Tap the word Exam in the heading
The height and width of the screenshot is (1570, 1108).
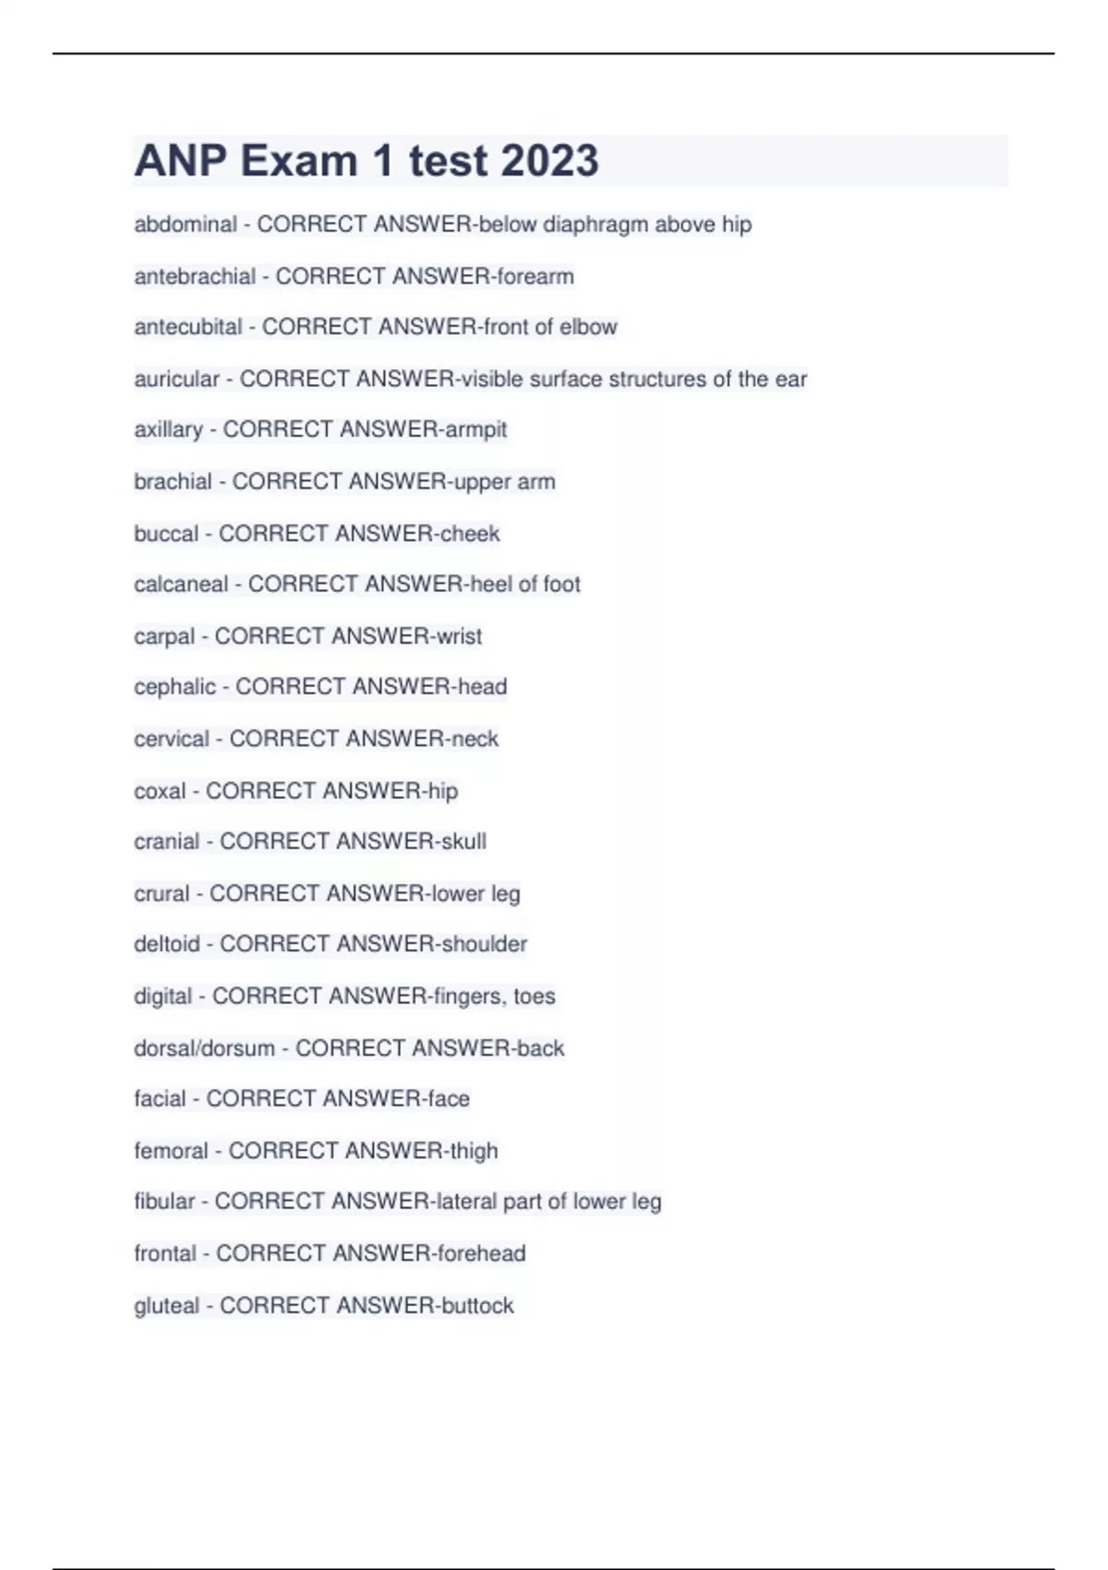[x=299, y=161]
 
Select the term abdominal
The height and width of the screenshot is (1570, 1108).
[x=186, y=224]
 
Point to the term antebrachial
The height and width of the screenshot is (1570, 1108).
[x=195, y=276]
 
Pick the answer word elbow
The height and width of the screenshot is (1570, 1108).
[x=588, y=327]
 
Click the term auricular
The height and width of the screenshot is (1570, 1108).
[x=176, y=379]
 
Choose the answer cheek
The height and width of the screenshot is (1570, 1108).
[x=470, y=534]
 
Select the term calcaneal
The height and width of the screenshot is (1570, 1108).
[x=181, y=585]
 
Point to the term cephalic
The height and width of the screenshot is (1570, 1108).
[x=175, y=687]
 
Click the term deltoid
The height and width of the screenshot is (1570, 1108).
[x=167, y=944]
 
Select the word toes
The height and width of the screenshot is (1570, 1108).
[x=535, y=996]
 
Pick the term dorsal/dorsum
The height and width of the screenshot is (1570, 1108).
[x=204, y=1048]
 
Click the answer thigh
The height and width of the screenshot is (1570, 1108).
[x=474, y=1151]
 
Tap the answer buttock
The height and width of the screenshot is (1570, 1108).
[x=477, y=1306]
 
